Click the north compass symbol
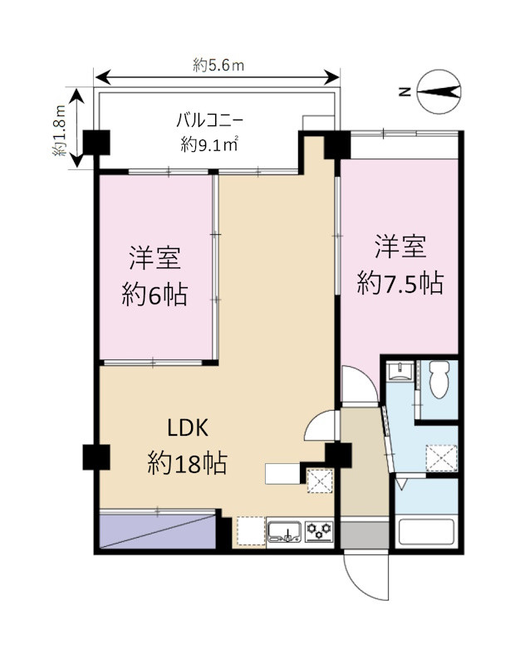tap(438, 93)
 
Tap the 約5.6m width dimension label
tap(218, 66)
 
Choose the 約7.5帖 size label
tap(400, 284)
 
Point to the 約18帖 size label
tap(187, 463)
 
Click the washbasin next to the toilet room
tap(401, 371)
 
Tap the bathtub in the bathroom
tap(426, 532)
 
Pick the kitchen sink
tap(283, 531)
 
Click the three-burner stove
tap(318, 530)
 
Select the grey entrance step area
tap(364, 533)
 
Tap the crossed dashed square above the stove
tap(319, 480)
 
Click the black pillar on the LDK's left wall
tap(96, 456)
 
